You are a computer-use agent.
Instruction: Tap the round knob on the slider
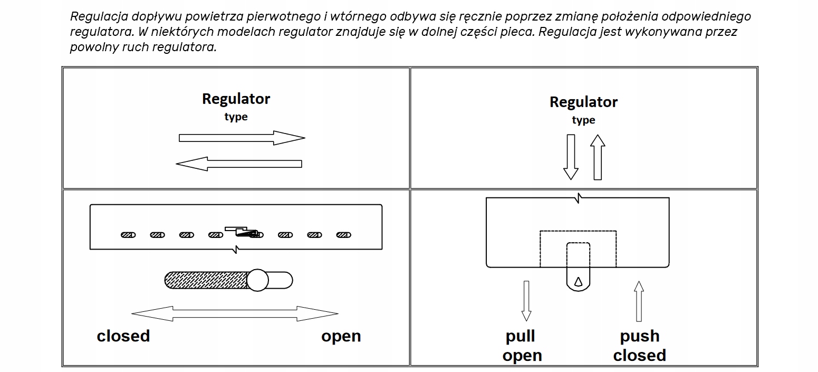[258, 280]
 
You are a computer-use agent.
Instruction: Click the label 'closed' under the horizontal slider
[123, 336]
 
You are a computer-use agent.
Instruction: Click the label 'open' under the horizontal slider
[341, 336]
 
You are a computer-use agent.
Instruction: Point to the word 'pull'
[521, 336]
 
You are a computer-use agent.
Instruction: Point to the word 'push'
[639, 336]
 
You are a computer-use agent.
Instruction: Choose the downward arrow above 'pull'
[526, 301]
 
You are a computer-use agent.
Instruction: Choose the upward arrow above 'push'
[639, 301]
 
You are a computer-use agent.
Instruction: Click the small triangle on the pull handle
[578, 282]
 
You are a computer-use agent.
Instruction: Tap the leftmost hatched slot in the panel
[128, 235]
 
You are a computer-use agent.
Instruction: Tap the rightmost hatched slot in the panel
[344, 235]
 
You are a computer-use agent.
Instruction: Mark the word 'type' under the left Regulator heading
[236, 117]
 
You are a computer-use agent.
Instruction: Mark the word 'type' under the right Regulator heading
[583, 120]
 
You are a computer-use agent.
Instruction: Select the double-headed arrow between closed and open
[235, 314]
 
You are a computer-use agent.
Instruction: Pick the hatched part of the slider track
[206, 280]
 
